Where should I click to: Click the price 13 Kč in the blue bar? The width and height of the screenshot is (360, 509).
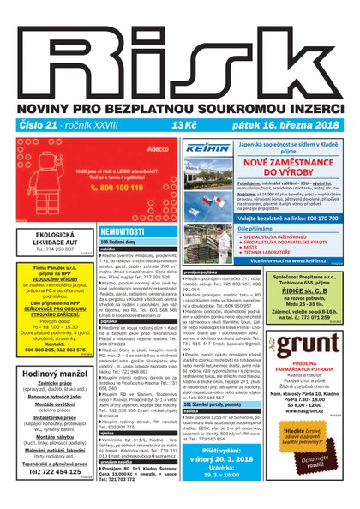pyautogui.click(x=184, y=125)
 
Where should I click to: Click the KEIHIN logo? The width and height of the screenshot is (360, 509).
pyautogui.click(x=206, y=148)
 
